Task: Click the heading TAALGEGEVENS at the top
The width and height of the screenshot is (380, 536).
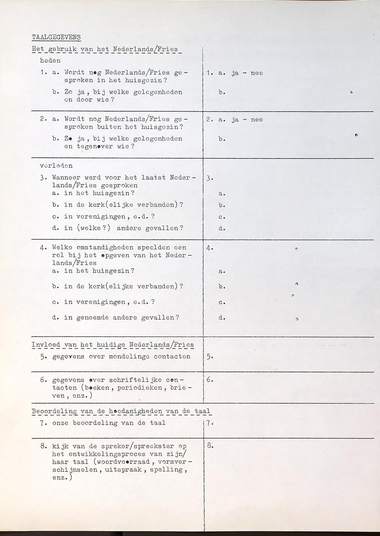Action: (x=56, y=37)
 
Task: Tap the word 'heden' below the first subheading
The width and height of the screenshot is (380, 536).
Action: (x=50, y=60)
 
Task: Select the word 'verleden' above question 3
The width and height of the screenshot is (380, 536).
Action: (x=56, y=166)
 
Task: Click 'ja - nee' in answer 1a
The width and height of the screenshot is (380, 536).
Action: (x=247, y=73)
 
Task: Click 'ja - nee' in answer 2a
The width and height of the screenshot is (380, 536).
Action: (x=247, y=120)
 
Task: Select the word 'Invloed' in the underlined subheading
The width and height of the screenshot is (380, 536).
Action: (x=46, y=345)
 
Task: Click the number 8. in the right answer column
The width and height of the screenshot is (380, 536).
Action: (x=210, y=445)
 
